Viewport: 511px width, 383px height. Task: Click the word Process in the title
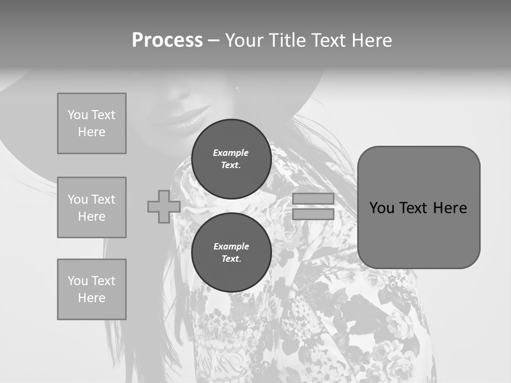[167, 40]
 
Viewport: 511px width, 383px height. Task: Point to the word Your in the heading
[245, 40]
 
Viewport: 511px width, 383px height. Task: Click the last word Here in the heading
[369, 40]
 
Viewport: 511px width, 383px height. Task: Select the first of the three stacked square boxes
[92, 123]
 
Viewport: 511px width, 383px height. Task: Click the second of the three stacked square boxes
[92, 207]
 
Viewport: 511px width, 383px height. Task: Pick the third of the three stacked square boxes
[92, 289]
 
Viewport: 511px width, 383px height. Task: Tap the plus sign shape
[163, 206]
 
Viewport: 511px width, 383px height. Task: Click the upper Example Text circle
[231, 159]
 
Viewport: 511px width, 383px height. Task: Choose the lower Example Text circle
[231, 253]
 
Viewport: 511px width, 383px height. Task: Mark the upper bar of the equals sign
[313, 198]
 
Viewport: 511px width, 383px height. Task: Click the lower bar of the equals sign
[313, 214]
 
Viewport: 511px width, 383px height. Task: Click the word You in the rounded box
[382, 208]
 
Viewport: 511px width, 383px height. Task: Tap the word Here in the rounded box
[450, 208]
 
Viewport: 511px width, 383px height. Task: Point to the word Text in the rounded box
[415, 208]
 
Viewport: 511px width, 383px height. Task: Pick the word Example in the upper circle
[231, 153]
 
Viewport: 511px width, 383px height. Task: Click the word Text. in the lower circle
[231, 259]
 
